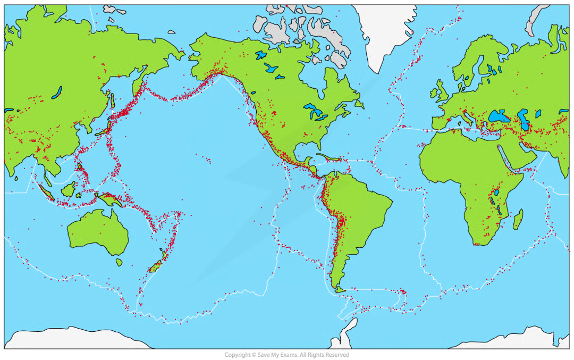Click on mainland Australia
[x=98, y=231]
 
